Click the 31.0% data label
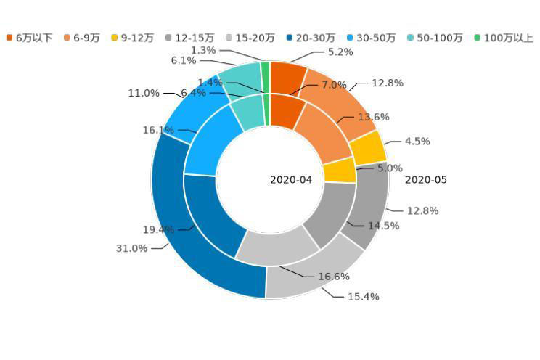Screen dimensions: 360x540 (x=131, y=248)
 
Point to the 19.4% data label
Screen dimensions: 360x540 (x=157, y=230)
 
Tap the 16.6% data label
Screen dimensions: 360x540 (x=334, y=277)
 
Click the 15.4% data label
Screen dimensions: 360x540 (x=363, y=297)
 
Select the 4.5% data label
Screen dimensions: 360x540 (x=417, y=142)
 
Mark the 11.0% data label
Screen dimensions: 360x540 (x=144, y=93)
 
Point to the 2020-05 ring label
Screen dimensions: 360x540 (x=426, y=180)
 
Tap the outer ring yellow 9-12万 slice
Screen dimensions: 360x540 (x=368, y=147)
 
